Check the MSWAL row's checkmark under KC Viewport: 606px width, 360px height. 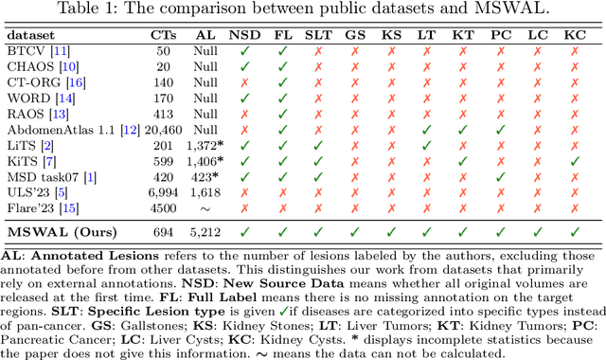(574, 231)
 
